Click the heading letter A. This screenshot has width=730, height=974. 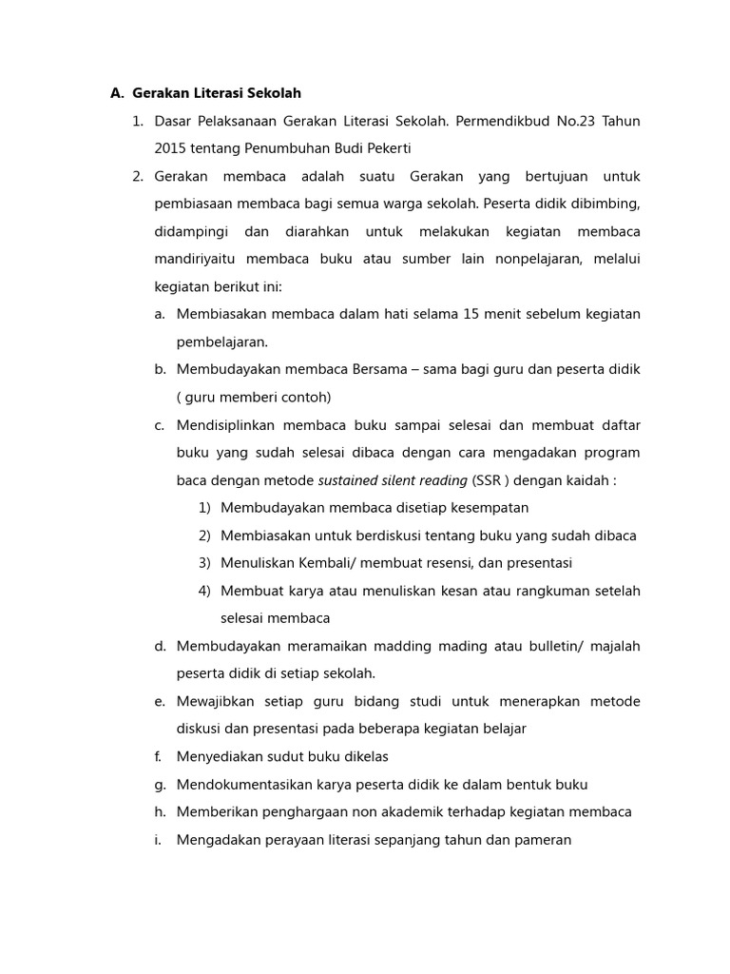(x=116, y=93)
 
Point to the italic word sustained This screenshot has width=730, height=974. (x=351, y=480)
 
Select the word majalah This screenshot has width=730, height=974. (x=615, y=646)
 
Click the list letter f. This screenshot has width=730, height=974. (x=159, y=757)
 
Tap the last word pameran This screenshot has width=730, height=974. (x=544, y=840)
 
